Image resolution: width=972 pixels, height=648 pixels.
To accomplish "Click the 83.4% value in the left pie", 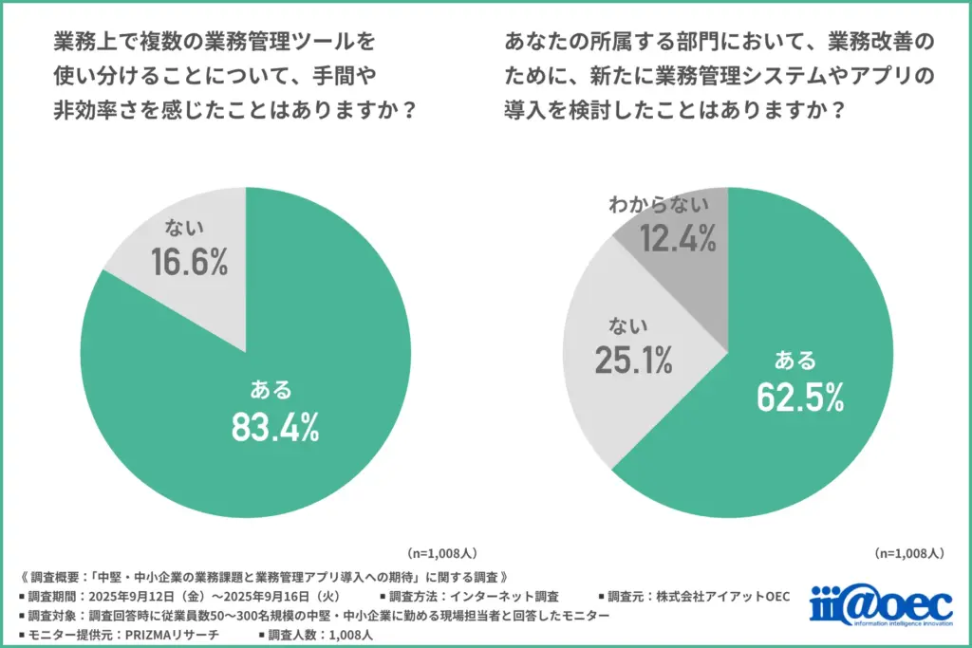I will (x=275, y=428).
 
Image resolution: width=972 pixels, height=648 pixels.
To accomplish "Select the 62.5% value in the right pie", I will (x=800, y=398).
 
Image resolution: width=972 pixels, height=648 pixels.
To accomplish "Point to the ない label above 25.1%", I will (x=629, y=325).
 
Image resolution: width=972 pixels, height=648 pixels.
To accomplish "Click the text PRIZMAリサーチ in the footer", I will (x=174, y=635).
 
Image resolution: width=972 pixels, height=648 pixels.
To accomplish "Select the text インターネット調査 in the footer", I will (x=507, y=597).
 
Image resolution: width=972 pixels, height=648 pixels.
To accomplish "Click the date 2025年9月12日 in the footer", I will (x=138, y=597).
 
